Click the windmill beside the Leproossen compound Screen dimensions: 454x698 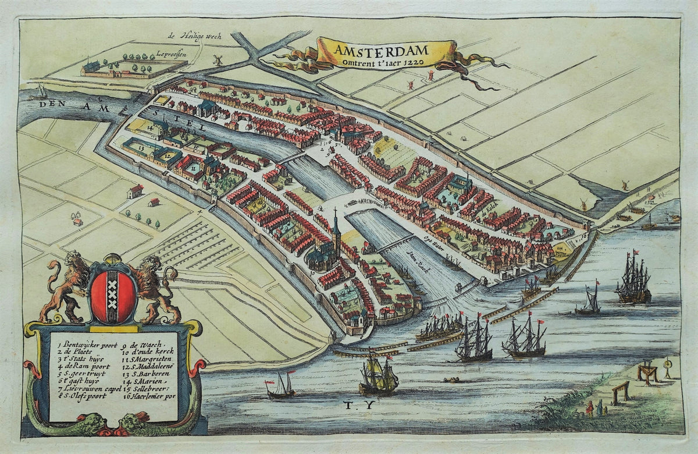218,59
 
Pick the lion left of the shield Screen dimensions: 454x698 65,285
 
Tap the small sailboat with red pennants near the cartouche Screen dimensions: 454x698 281,385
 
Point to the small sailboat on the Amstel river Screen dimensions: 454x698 40,92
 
